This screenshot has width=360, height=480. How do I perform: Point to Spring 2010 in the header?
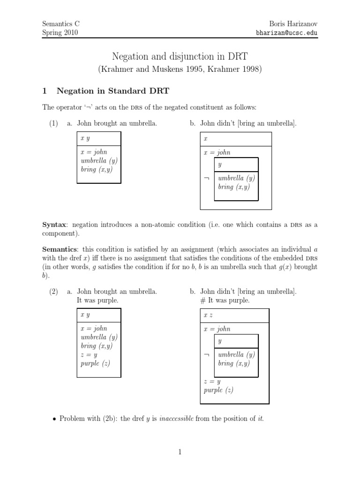tap(60, 33)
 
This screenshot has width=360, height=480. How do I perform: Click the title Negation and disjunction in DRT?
tap(180, 57)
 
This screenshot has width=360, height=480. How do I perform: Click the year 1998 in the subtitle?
tap(251, 69)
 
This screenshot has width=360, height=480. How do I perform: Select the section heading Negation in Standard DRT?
tap(114, 90)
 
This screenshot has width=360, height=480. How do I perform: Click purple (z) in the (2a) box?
tap(95, 363)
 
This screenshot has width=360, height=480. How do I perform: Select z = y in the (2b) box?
tap(212, 382)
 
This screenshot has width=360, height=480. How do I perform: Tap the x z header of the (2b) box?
tap(209, 315)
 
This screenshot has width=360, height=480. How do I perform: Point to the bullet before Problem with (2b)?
tap(53, 419)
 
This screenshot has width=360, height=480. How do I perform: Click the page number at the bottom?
tap(180, 452)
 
